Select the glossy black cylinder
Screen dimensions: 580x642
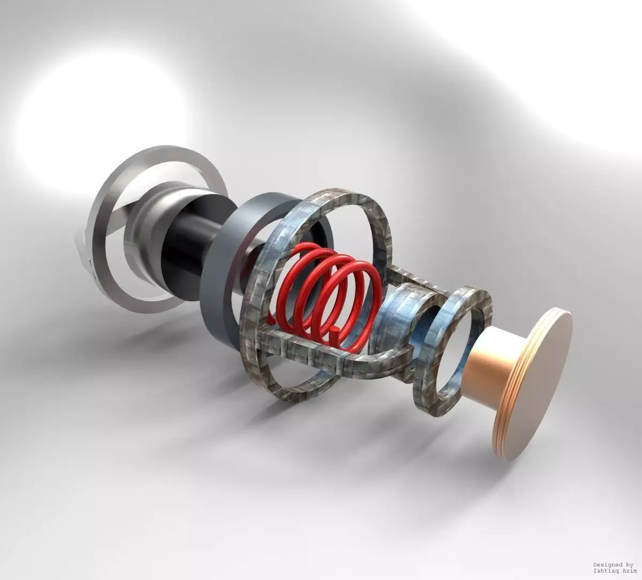182,246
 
